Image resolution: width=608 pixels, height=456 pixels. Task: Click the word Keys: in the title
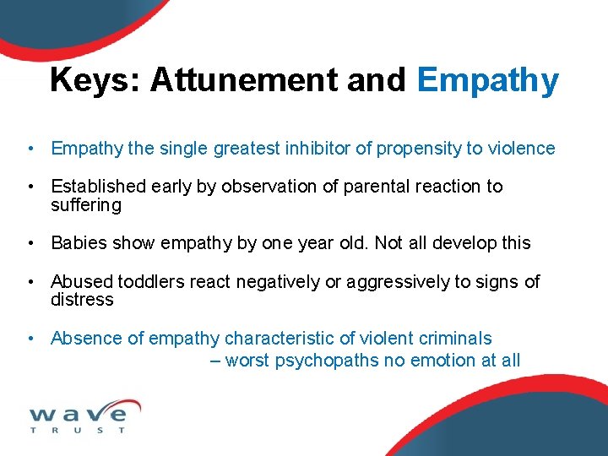pos(95,81)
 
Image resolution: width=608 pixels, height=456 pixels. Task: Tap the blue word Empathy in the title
pos(487,81)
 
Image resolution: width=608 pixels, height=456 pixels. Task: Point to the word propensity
pos(414,149)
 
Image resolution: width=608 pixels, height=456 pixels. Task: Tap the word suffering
pos(86,205)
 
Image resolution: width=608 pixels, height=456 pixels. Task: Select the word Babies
pos(78,243)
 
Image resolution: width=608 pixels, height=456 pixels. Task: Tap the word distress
pos(82,300)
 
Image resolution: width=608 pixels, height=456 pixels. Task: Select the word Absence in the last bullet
pos(86,339)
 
